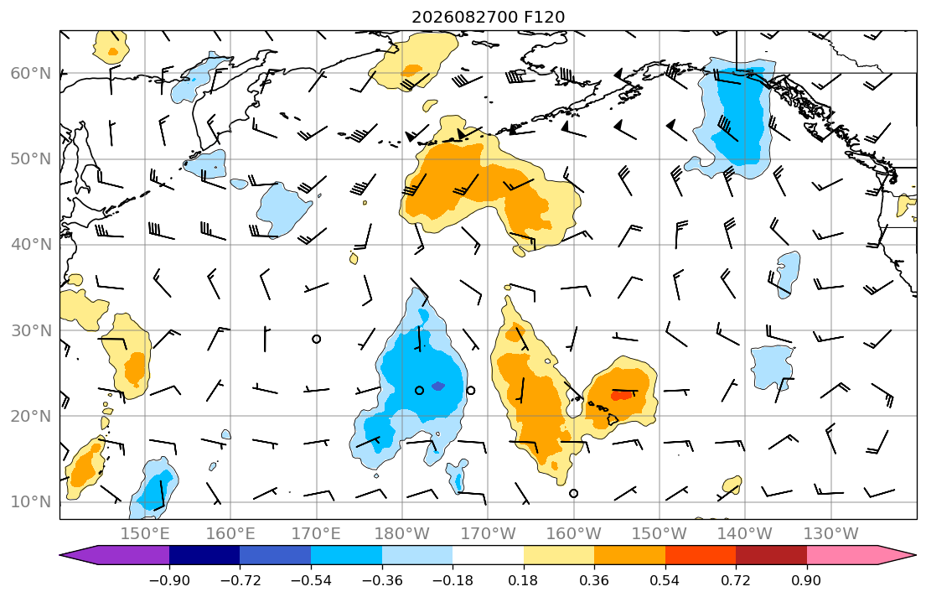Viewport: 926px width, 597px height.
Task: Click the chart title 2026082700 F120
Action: click(488, 17)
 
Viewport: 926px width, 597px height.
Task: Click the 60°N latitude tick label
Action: click(31, 73)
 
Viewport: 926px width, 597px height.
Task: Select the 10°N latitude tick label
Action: click(31, 502)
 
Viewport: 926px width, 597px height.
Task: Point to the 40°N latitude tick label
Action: click(31, 245)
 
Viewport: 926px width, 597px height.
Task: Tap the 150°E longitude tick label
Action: click(145, 534)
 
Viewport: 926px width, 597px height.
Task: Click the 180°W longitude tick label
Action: click(402, 534)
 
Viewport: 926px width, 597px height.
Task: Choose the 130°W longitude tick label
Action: click(831, 534)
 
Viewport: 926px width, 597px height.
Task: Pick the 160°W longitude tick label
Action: click(573, 534)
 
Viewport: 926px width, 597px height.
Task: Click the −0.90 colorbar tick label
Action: click(169, 580)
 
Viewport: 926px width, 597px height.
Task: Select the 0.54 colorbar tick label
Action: click(665, 580)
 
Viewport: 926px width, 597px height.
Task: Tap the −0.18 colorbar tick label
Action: click(453, 580)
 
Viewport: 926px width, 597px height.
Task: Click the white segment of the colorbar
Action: click(488, 555)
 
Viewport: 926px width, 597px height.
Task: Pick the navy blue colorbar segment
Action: click(204, 555)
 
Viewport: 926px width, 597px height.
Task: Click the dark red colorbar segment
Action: click(771, 555)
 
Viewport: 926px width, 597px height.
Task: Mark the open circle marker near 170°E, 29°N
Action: click(317, 340)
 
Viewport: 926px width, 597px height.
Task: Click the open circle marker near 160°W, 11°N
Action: click(573, 494)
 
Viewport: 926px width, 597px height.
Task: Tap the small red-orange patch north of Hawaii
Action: click(621, 396)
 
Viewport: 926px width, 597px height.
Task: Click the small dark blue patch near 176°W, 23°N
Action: click(437, 386)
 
